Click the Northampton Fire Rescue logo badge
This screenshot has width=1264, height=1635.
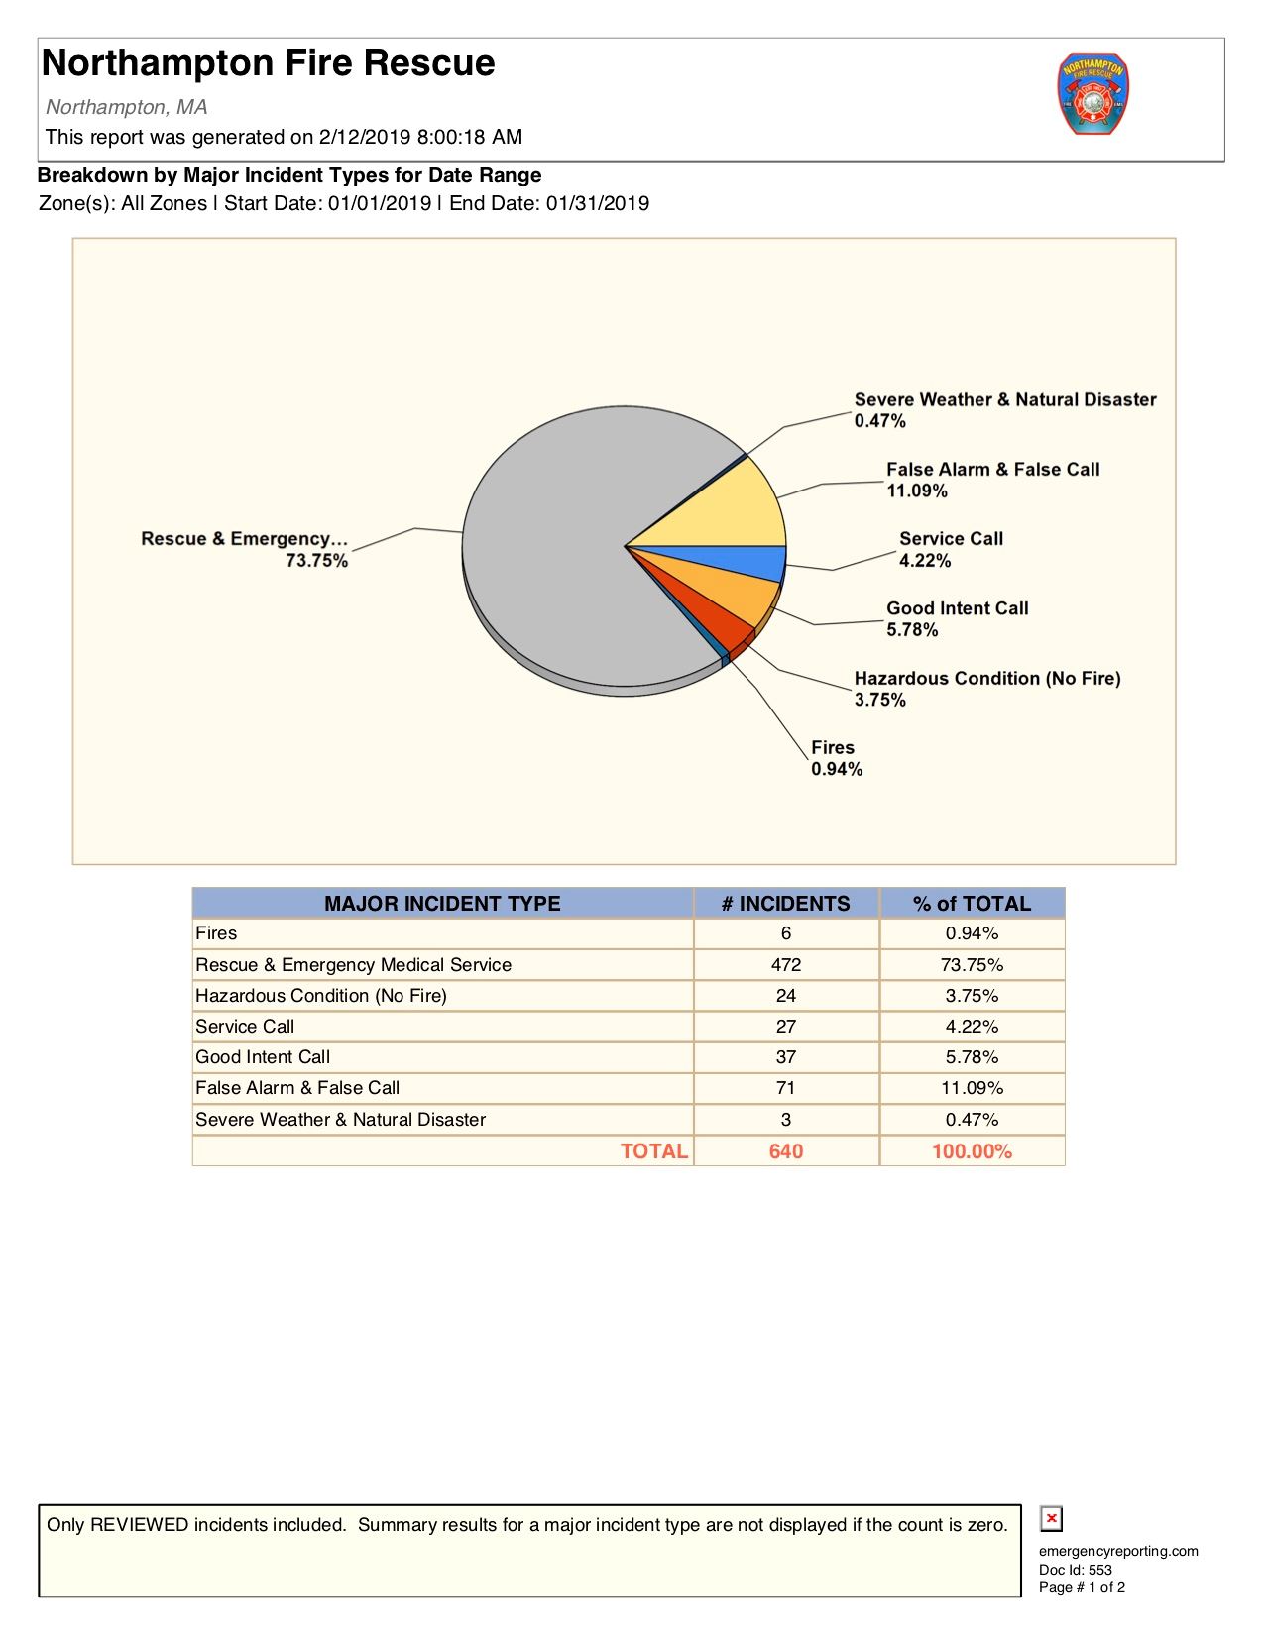coord(1092,94)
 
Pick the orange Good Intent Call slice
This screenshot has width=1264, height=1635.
coord(734,594)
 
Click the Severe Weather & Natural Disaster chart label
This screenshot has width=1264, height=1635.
coord(1004,399)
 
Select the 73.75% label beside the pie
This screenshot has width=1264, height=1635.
coord(316,561)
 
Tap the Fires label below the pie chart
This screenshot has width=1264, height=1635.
coord(832,748)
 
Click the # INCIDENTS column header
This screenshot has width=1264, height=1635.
coord(785,904)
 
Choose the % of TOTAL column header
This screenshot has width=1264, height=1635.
coord(972,904)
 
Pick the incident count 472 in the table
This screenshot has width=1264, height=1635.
coord(785,965)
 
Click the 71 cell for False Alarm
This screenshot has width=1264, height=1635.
coord(785,1088)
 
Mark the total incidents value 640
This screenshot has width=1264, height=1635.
coord(785,1151)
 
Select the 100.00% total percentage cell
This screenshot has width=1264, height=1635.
coord(972,1151)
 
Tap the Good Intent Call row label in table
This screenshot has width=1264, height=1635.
coord(263,1057)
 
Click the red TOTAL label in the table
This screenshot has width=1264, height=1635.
coord(653,1151)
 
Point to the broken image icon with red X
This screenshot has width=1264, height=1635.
coord(1051,1518)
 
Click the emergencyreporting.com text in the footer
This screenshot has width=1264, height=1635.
coord(1118,1551)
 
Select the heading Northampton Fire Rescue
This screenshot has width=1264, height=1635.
coord(269,63)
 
